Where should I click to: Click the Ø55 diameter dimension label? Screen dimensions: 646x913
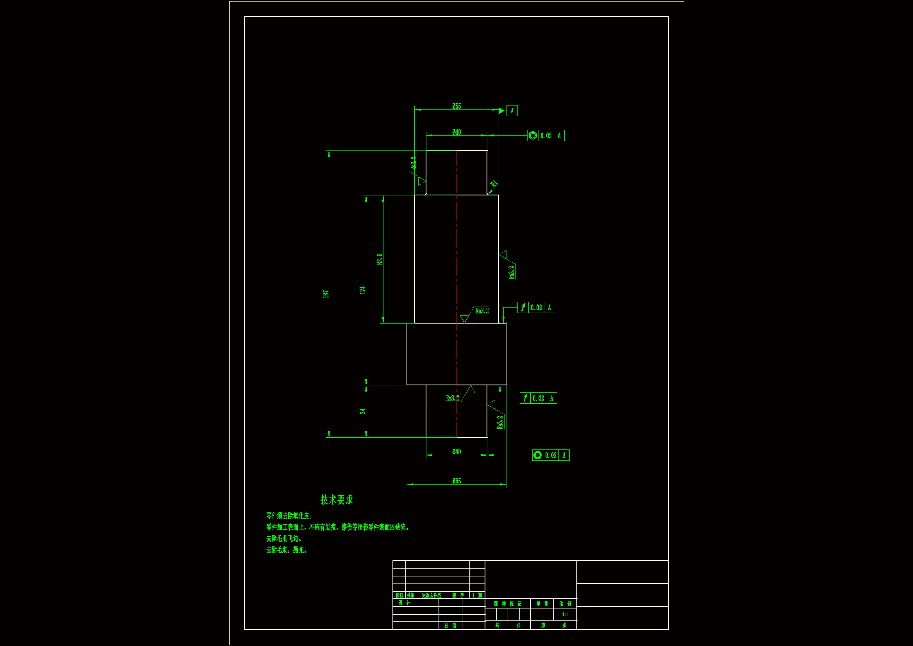(456, 106)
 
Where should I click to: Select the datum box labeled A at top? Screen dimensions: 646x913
(512, 111)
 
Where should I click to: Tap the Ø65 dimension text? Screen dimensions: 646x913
(456, 481)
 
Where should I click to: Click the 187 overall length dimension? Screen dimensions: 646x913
(326, 294)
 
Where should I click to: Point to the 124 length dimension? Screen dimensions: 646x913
(362, 290)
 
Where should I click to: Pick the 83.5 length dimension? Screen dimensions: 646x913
(380, 259)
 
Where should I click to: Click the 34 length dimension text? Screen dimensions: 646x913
(362, 411)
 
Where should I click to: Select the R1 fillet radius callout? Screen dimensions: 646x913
(494, 184)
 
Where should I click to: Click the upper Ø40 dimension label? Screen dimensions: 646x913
(456, 132)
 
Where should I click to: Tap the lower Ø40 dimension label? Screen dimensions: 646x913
(456, 452)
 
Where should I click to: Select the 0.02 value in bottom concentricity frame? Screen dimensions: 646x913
(551, 455)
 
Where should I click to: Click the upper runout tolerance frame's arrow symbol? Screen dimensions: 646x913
(523, 308)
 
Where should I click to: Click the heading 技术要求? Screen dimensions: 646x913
(336, 500)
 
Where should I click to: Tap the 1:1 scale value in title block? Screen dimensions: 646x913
(565, 615)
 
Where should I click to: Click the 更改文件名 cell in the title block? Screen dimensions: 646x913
(432, 596)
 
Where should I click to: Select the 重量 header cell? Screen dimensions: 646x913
(542, 604)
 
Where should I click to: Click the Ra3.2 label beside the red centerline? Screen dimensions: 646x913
(482, 311)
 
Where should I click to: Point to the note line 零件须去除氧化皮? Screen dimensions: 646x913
(289, 516)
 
